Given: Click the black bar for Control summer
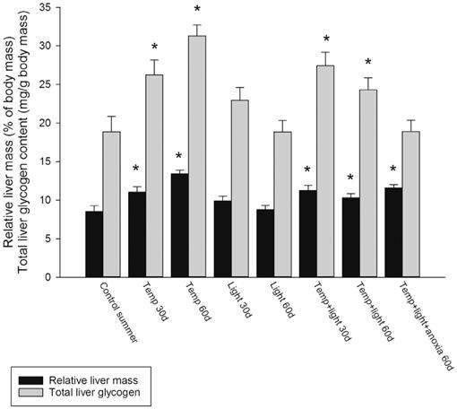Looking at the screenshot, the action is pyautogui.click(x=94, y=244).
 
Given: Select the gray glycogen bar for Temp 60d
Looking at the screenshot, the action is pyautogui.click(x=197, y=156).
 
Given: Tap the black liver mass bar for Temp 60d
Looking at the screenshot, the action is pyautogui.click(x=180, y=225).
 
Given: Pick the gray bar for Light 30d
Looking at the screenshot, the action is pyautogui.click(x=240, y=188).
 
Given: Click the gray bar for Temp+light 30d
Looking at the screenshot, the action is pyautogui.click(x=325, y=171).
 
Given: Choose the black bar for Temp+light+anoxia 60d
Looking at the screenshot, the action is pyautogui.click(x=393, y=232).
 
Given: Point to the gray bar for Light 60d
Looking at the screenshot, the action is pyautogui.click(x=283, y=204).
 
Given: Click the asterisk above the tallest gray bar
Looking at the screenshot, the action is pyautogui.click(x=197, y=8).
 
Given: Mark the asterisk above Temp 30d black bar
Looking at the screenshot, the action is pyautogui.click(x=135, y=168).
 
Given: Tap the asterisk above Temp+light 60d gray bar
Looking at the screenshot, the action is pyautogui.click(x=368, y=62).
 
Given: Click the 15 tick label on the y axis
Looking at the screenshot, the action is pyautogui.click(x=45, y=161).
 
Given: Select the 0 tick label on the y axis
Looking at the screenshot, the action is pyautogui.click(x=48, y=277).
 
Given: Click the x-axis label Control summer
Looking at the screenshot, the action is pyautogui.click(x=118, y=312).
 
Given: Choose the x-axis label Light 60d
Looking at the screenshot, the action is pyautogui.click(x=282, y=300).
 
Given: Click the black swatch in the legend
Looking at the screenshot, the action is pyautogui.click(x=30, y=380).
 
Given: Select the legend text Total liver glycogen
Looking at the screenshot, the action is pyautogui.click(x=94, y=392).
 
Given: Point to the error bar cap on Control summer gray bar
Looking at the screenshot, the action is pyautogui.click(x=111, y=117).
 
